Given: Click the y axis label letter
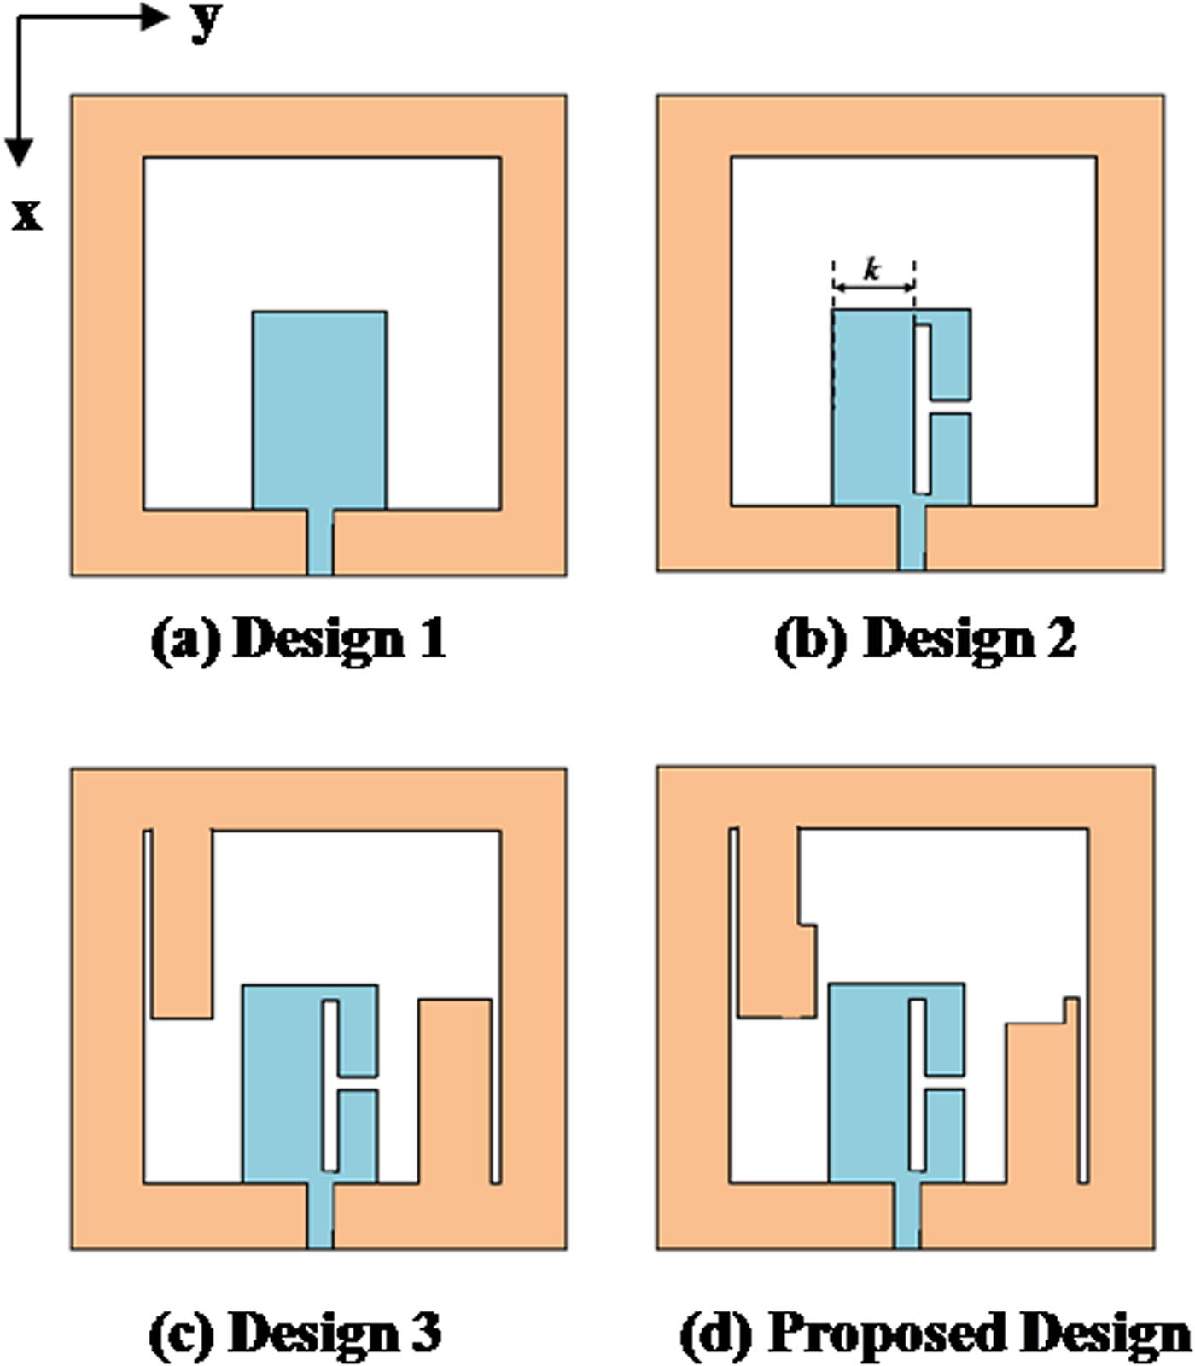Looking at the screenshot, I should click(205, 20).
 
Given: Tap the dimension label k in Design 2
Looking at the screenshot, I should click(871, 271).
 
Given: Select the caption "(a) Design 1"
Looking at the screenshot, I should click(299, 638).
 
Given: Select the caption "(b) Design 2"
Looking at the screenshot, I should click(926, 638).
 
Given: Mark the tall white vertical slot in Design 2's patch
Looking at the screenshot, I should click(922, 408).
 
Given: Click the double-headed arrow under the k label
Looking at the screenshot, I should click(874, 289).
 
